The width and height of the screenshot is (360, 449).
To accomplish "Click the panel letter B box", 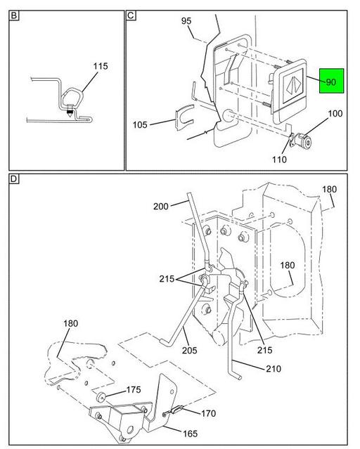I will tap(13, 14).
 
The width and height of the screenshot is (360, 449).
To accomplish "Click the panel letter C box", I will tap(131, 14).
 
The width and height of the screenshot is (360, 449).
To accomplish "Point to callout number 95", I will tap(186, 22).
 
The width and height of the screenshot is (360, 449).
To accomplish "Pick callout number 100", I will tap(335, 113).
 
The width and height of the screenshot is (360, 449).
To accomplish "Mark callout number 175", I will tap(134, 390).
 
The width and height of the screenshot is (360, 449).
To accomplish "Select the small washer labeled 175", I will tap(103, 398).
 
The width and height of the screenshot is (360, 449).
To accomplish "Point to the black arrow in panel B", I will tap(70, 110).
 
